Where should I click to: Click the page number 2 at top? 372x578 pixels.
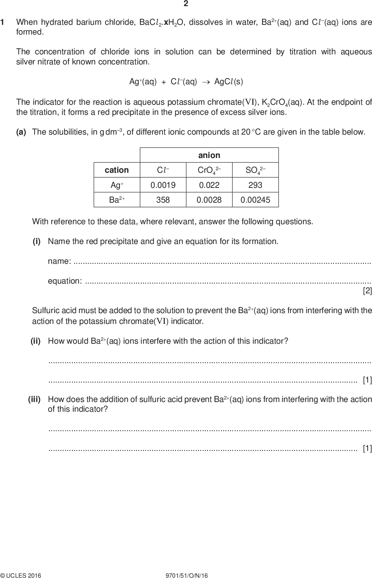(x=186, y=4)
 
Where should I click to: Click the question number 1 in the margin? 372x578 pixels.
(x=3, y=22)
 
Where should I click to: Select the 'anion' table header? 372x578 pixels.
(x=209, y=155)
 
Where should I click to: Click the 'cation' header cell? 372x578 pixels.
(x=117, y=170)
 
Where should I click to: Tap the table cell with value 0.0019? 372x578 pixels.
(x=163, y=185)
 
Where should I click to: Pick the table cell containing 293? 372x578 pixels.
(x=255, y=185)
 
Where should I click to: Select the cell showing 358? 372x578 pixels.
(x=163, y=200)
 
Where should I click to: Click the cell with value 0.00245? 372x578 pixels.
(x=255, y=200)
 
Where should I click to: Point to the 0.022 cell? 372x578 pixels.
(x=209, y=185)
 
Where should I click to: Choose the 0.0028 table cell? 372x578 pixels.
(x=209, y=200)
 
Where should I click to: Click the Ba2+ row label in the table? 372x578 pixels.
(x=117, y=200)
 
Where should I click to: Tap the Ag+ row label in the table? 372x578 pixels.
(x=117, y=185)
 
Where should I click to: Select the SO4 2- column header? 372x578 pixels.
(x=255, y=170)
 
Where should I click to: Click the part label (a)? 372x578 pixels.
(x=21, y=132)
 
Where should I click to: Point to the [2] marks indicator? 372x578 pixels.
(x=367, y=290)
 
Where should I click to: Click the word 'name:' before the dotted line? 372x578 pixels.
(x=59, y=261)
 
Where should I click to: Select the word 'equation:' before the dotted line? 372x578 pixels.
(x=65, y=281)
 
